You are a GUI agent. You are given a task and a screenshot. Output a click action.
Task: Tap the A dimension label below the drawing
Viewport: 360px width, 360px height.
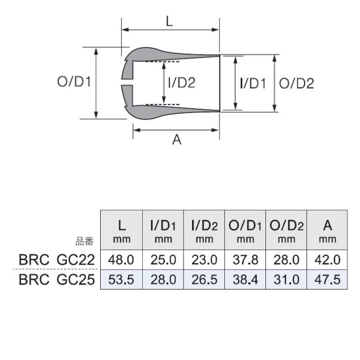[x=176, y=140]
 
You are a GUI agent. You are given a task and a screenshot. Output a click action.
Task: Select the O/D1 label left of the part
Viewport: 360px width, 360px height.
[x=74, y=83]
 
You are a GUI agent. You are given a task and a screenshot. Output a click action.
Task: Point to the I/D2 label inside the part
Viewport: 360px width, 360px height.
[x=182, y=83]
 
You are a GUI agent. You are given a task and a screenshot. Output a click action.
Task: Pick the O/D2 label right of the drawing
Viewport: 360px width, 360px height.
[x=297, y=83]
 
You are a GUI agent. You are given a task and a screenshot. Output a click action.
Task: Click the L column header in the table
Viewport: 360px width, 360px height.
[x=121, y=230]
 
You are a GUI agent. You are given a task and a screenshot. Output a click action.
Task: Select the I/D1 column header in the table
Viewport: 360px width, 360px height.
[x=163, y=230]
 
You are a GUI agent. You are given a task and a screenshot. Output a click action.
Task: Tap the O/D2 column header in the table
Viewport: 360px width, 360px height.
[x=286, y=230]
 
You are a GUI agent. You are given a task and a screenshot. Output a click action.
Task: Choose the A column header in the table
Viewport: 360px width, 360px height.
[x=327, y=230]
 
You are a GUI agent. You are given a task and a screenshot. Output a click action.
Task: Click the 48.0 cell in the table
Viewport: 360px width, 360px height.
[x=121, y=261]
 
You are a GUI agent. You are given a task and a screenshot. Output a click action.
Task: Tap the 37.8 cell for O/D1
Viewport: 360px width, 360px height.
[x=245, y=261]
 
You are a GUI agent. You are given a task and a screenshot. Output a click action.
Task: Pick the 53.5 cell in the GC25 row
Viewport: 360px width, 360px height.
[x=121, y=280]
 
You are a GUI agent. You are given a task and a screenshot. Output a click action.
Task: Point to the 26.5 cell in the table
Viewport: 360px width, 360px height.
[x=204, y=280]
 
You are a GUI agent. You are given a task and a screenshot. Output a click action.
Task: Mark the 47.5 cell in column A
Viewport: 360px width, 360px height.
[x=327, y=280]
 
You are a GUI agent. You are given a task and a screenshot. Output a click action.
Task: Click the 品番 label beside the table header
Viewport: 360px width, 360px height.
[x=84, y=242]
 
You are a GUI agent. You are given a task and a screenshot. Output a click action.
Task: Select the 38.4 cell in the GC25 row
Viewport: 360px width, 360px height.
[x=245, y=280]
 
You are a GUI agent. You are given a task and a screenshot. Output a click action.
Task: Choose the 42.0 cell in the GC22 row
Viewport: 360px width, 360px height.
[x=327, y=261]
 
